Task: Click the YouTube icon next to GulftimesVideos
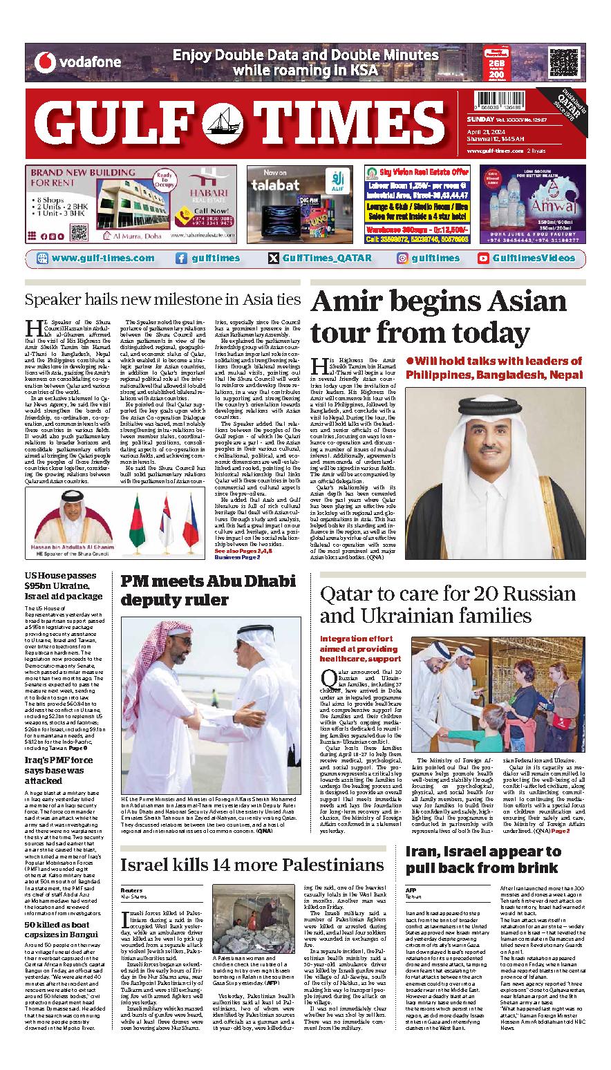point(483,259)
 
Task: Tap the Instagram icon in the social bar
point(402,259)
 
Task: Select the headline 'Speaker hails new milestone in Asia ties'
point(162,300)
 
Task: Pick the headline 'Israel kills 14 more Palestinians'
point(252,865)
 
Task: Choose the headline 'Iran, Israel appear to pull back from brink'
point(482,860)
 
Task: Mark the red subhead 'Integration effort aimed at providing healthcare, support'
point(360,649)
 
